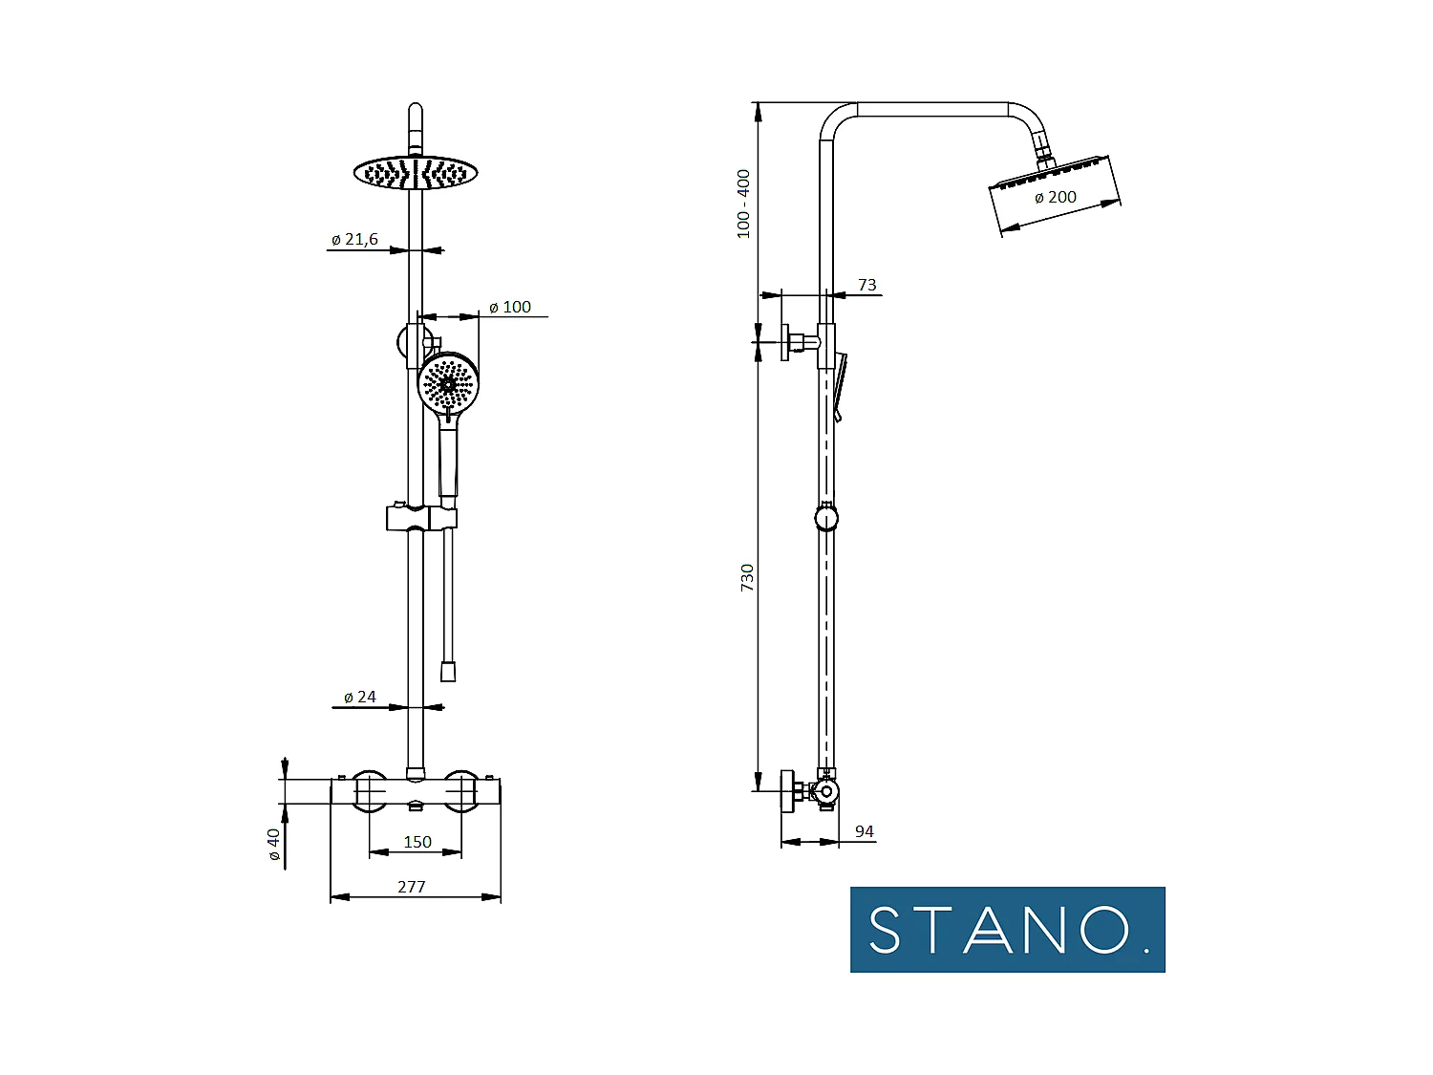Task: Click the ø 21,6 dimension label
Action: coord(354,240)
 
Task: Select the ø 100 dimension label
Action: coord(510,308)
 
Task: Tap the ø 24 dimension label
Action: coord(360,698)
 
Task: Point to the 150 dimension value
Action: coord(417,842)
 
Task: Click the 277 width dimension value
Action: coord(412,887)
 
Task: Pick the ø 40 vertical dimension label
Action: coord(274,845)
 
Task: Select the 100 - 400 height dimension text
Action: coord(743,204)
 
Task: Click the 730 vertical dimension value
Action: coord(747,578)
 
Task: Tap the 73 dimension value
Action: coord(866,285)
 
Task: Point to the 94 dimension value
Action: coord(864,831)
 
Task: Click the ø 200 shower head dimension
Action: coord(1056,198)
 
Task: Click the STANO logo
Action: coord(1007,930)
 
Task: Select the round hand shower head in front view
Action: coord(448,383)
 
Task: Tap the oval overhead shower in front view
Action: coord(415,173)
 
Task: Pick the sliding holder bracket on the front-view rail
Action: coord(421,518)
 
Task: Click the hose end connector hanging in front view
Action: coord(448,671)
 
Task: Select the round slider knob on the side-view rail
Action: coord(826,518)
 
